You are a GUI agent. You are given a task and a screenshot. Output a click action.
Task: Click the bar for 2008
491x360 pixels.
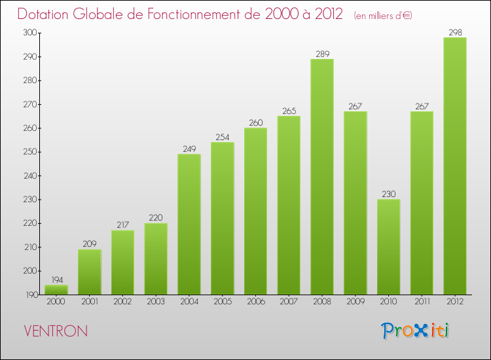pos(322,177)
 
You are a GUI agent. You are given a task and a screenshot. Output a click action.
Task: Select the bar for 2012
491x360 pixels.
pos(455,166)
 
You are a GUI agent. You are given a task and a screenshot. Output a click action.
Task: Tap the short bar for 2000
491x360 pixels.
pos(56,289)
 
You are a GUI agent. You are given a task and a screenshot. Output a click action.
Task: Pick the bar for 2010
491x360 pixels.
pos(388,247)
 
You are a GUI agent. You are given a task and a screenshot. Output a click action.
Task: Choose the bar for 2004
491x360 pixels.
pos(189,225)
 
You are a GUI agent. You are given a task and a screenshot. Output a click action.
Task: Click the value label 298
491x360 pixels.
pos(455,32)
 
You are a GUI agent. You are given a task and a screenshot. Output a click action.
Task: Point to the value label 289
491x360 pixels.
pos(322,54)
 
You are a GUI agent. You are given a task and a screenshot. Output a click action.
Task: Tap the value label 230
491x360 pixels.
pos(388,194)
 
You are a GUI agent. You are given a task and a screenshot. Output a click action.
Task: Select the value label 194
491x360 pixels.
pos(56,279)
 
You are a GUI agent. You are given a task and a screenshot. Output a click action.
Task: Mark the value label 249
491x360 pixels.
pos(189,149)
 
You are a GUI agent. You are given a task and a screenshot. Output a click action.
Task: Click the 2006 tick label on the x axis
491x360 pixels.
pos(255,302)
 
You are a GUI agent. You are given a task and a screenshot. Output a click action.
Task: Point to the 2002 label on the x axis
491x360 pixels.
pos(122,302)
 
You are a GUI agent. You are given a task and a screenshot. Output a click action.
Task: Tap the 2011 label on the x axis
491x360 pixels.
pos(422,302)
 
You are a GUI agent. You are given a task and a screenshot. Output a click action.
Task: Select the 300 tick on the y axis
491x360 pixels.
pos(29,33)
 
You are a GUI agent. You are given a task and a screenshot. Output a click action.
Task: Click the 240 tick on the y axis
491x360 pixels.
pos(29,176)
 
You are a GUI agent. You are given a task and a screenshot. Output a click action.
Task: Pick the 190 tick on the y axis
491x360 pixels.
pos(29,295)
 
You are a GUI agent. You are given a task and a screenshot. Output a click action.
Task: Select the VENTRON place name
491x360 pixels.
pos(55,331)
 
